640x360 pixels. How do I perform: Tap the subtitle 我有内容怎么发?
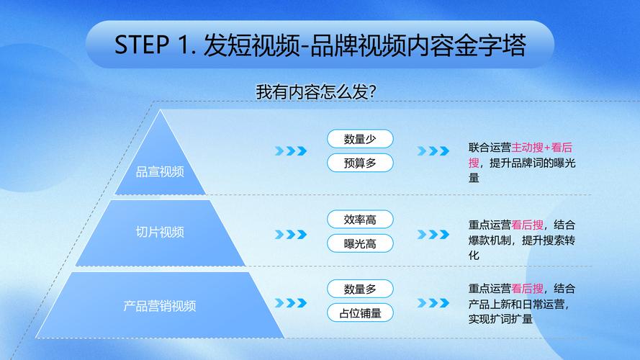pyautogui.click(x=315, y=92)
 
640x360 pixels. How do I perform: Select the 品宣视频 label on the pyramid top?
pyautogui.click(x=160, y=172)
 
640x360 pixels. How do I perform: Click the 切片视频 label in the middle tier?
pyautogui.click(x=160, y=233)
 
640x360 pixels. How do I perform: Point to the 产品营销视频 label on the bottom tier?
pyautogui.click(x=160, y=306)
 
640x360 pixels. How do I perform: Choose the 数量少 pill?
pyautogui.click(x=360, y=139)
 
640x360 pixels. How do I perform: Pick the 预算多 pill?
pyautogui.click(x=360, y=163)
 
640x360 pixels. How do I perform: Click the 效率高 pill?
pyautogui.click(x=360, y=220)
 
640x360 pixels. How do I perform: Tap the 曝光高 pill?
pyautogui.click(x=360, y=243)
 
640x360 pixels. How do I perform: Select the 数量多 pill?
pyautogui.click(x=360, y=289)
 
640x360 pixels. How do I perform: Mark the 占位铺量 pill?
pyautogui.click(x=360, y=313)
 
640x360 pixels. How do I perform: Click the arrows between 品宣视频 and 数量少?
pyautogui.click(x=291, y=151)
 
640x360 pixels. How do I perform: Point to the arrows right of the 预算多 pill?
pyautogui.click(x=433, y=151)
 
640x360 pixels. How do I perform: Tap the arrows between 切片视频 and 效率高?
pyautogui.click(x=291, y=234)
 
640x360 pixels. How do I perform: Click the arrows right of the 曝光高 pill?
pyautogui.click(x=433, y=234)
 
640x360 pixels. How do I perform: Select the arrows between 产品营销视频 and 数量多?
pyautogui.click(x=291, y=303)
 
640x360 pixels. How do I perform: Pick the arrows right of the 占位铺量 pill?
pyautogui.click(x=433, y=303)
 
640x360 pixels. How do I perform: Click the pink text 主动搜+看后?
pyautogui.click(x=542, y=148)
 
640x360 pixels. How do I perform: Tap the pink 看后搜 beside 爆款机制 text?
pyautogui.click(x=528, y=225)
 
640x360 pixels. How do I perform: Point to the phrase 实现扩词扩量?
pyautogui.click(x=500, y=319)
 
